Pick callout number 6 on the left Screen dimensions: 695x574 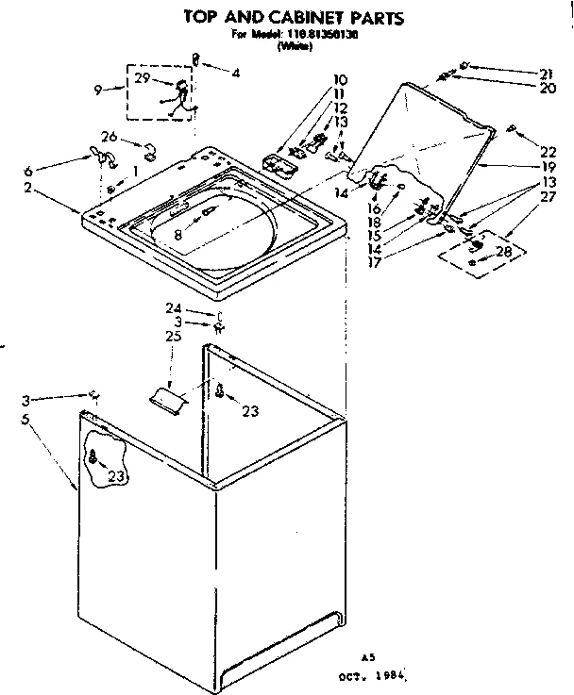(x=28, y=171)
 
